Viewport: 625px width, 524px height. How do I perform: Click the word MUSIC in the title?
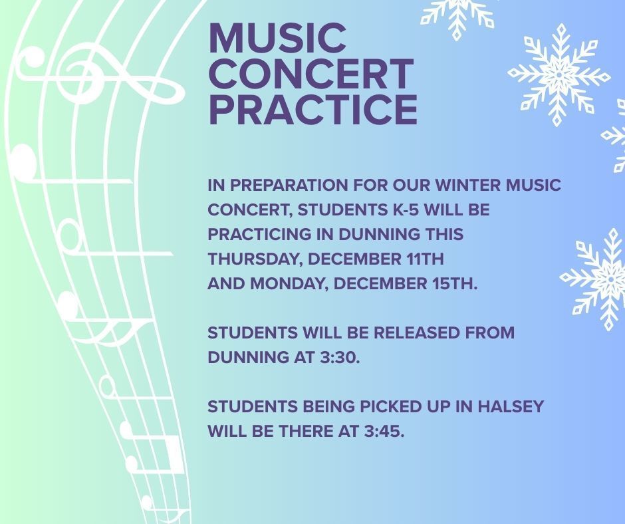point(277,38)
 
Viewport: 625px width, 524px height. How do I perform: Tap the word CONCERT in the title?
point(311,74)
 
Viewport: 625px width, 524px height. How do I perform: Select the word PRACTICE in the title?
point(313,110)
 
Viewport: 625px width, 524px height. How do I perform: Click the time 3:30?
point(340,358)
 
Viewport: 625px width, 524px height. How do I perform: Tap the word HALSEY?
point(511,407)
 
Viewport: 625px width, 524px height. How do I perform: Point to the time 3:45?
point(384,432)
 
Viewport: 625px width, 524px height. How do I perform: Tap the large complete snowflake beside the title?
point(559,74)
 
